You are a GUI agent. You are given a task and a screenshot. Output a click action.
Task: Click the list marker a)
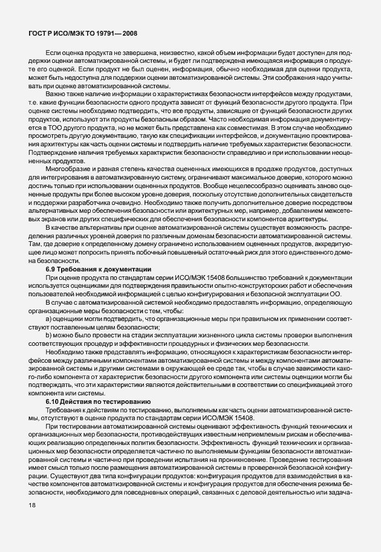click(48, 317)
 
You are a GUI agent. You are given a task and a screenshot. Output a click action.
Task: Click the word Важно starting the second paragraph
click(56, 95)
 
